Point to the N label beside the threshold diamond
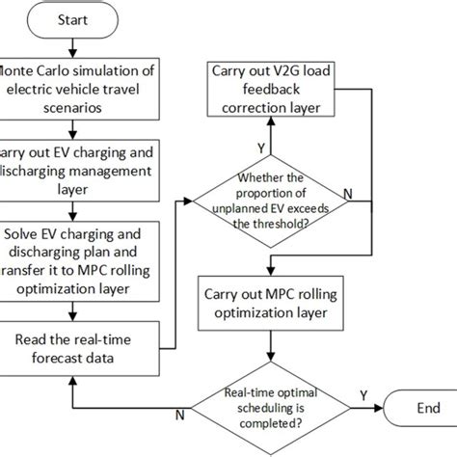348,193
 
